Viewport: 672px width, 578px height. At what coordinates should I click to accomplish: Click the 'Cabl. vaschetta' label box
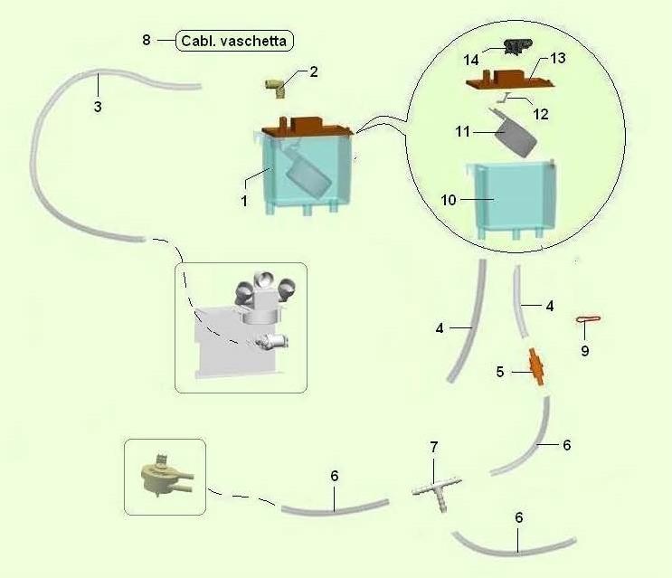(x=236, y=41)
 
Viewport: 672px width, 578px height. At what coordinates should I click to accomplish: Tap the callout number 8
(x=147, y=40)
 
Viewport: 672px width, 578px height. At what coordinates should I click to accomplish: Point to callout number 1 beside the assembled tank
(x=244, y=201)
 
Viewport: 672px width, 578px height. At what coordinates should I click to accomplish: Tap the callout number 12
(x=541, y=114)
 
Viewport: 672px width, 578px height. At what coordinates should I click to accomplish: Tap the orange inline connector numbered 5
(x=537, y=369)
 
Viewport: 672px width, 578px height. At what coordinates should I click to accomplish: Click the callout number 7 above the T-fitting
(x=433, y=447)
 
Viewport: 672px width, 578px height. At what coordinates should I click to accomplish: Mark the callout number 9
(x=584, y=350)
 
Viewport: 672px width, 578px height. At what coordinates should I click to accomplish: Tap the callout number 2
(x=314, y=72)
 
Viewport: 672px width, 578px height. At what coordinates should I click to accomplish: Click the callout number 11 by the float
(x=462, y=133)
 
